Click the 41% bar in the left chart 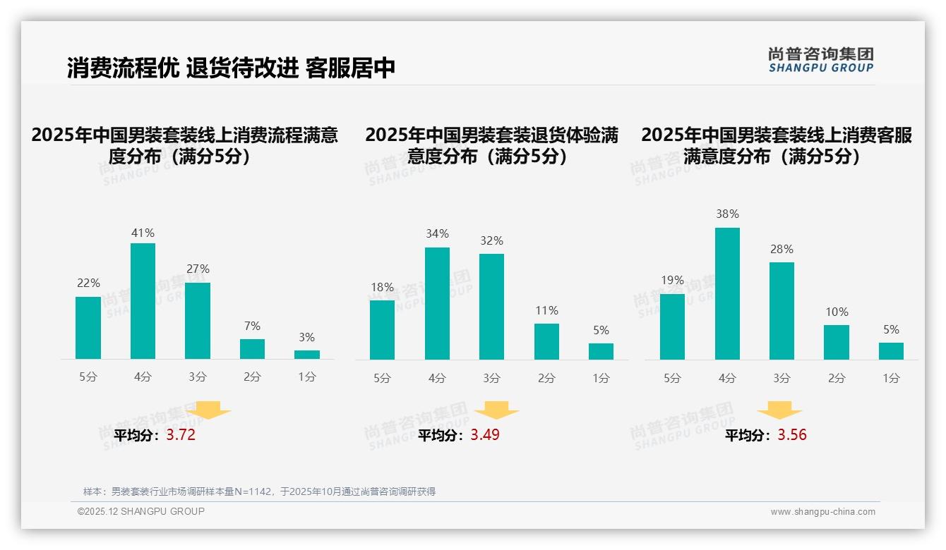[143, 301]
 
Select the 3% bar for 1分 [307, 355]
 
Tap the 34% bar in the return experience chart [437, 303]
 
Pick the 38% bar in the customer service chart [727, 293]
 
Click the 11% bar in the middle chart [546, 341]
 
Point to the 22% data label [88, 283]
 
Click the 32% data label [491, 240]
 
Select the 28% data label [782, 249]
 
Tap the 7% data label [252, 326]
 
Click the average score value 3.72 [181, 435]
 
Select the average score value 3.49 [485, 435]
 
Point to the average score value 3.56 [792, 435]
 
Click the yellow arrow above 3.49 [496, 410]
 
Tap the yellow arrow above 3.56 [779, 410]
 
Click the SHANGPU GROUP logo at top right [820, 60]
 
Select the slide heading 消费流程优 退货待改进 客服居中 [231, 68]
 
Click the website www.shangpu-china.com [822, 512]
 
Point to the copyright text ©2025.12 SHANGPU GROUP [141, 511]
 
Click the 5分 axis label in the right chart [672, 378]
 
